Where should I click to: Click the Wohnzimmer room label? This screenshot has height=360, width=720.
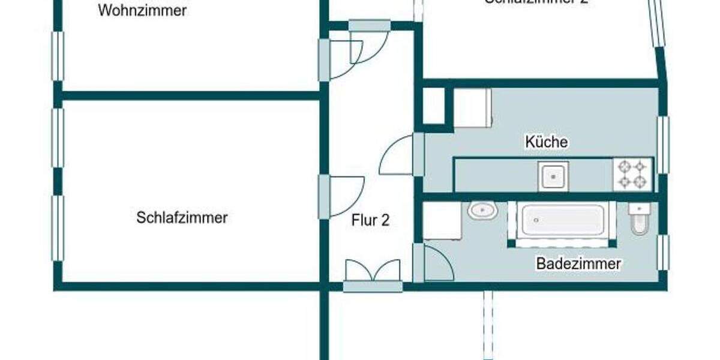click(143, 10)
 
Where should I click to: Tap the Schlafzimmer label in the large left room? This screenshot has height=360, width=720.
click(182, 217)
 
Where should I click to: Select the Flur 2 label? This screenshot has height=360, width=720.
click(370, 220)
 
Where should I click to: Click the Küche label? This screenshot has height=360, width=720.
click(546, 142)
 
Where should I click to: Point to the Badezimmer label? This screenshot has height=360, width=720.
click(578, 263)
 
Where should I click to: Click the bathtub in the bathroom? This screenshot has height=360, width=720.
click(562, 221)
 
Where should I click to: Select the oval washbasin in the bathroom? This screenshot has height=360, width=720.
click(482, 211)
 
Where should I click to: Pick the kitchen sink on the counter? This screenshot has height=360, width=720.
click(553, 176)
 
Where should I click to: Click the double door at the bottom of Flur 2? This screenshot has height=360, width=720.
click(373, 273)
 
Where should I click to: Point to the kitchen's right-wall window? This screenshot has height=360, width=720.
click(663, 145)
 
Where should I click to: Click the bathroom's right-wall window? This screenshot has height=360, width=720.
click(663, 253)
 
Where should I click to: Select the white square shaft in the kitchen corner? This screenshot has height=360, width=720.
click(434, 106)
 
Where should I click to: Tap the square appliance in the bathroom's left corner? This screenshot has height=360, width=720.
click(442, 221)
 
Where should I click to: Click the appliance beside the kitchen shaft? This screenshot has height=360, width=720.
click(472, 108)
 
